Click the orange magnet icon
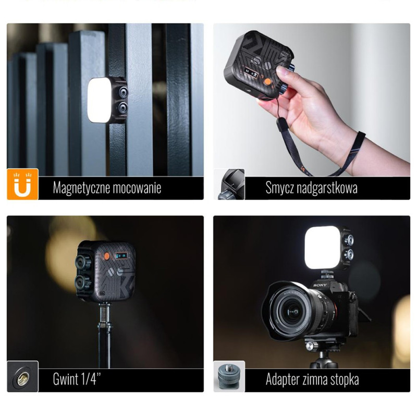(x=22, y=184)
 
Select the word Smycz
(x=279, y=188)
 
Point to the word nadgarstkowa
(x=327, y=188)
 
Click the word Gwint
(x=66, y=379)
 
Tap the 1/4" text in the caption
(x=91, y=378)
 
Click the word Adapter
(x=284, y=379)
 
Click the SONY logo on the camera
(x=320, y=285)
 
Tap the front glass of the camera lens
(x=293, y=311)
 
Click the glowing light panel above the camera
(x=323, y=248)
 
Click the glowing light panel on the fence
(x=99, y=100)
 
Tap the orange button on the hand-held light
(x=268, y=81)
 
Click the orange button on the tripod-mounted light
(x=106, y=256)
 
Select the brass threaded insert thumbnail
(x=22, y=376)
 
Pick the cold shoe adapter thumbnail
(x=229, y=376)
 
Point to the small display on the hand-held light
(x=252, y=73)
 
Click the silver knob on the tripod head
(x=310, y=346)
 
